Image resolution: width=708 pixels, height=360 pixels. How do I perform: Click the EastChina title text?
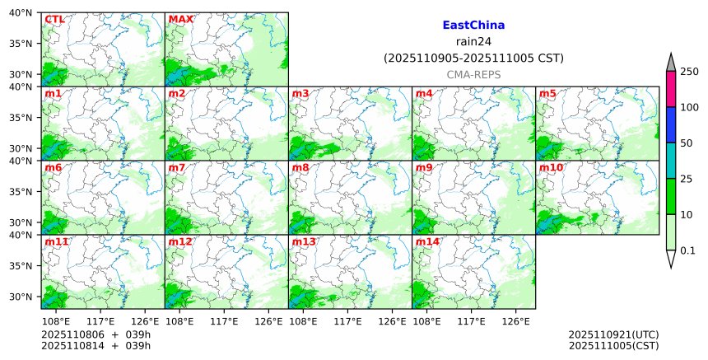tap(473, 26)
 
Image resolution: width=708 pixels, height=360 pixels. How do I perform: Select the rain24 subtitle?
tap(473, 42)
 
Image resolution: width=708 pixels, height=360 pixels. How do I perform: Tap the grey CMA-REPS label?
tap(473, 74)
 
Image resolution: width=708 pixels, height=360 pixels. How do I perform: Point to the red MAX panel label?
tap(180, 19)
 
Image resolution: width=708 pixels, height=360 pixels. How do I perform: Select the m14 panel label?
tap(427, 241)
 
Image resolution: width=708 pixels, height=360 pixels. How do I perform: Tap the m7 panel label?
tap(177, 167)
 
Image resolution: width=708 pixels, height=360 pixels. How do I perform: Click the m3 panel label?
tap(300, 93)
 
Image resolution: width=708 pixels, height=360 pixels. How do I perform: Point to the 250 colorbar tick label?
tap(689, 72)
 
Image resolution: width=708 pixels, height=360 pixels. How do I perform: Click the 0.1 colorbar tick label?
tap(688, 250)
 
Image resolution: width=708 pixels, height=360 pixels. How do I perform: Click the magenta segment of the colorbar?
tap(671, 89)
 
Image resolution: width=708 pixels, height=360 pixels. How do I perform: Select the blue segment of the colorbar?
tap(671, 124)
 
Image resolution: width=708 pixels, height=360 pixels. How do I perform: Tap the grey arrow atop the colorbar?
tap(671, 63)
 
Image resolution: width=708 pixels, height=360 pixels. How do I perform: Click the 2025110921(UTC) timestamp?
tap(613, 334)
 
